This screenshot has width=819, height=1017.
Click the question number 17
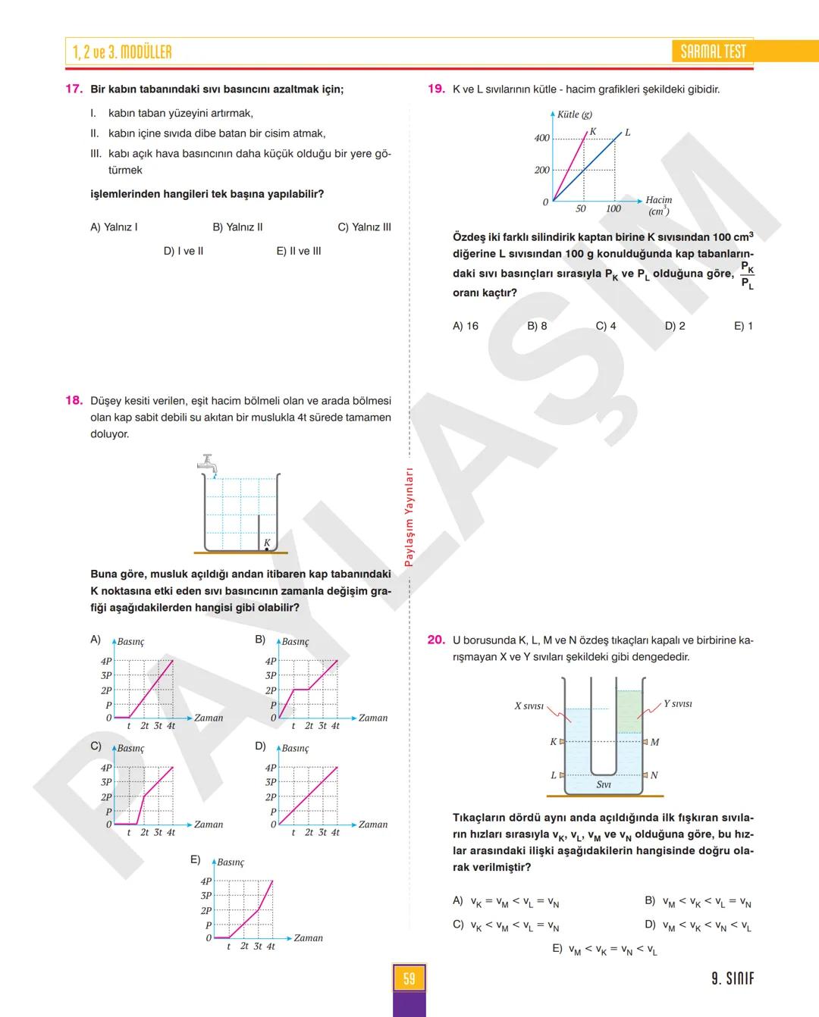(x=74, y=89)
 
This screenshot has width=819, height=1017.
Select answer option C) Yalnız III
(x=364, y=227)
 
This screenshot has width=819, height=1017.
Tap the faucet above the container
(x=208, y=463)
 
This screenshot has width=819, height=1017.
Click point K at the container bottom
(x=267, y=549)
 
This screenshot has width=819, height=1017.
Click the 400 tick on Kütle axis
(x=541, y=138)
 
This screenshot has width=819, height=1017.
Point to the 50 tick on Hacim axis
(x=581, y=209)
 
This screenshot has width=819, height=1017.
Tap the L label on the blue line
(x=628, y=133)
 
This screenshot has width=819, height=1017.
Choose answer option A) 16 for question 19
(x=465, y=326)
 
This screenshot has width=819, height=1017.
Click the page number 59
(x=409, y=978)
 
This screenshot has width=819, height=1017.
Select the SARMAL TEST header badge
(x=713, y=52)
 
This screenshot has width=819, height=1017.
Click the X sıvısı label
(x=529, y=706)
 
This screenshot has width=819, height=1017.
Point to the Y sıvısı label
(x=678, y=704)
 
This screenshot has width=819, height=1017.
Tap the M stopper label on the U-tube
(x=655, y=742)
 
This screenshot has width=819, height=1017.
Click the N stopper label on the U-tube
(x=654, y=775)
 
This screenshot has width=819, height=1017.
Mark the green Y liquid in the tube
(x=629, y=712)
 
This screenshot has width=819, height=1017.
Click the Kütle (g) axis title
(x=574, y=114)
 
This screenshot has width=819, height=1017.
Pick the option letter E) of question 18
(x=195, y=859)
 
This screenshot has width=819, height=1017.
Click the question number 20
(x=436, y=640)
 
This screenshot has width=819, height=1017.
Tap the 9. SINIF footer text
(x=733, y=978)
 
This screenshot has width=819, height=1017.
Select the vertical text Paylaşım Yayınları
(x=409, y=517)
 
